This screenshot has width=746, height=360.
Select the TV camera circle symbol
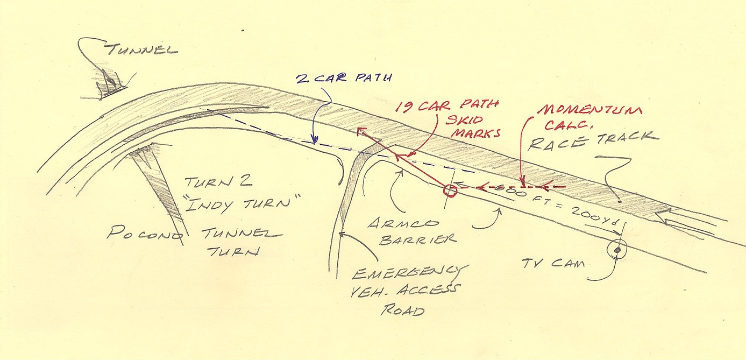(x=617, y=250)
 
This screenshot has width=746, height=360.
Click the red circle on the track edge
(x=449, y=190)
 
